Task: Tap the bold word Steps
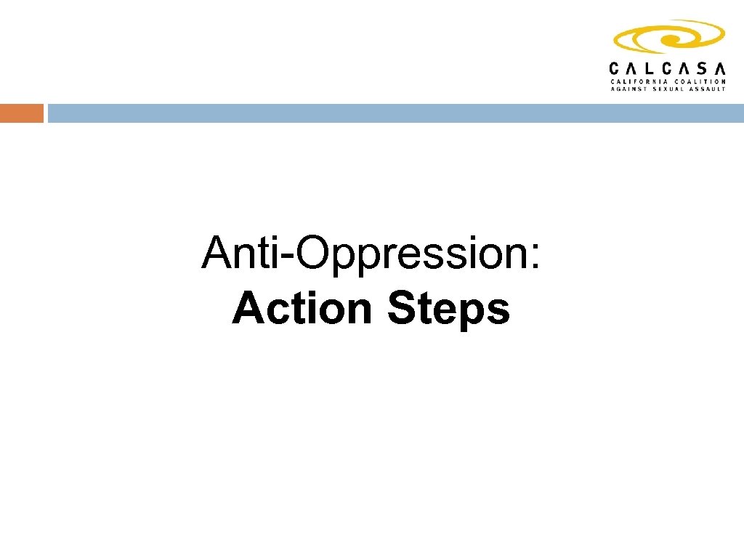pos(448,310)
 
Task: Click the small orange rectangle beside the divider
pos(21,113)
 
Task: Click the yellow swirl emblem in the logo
pos(668,37)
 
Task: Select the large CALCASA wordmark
pos(667,68)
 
